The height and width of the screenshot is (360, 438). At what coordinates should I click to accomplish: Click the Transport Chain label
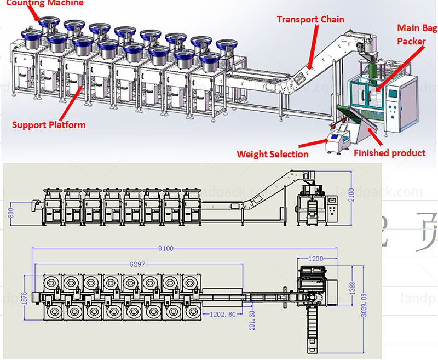[310, 20]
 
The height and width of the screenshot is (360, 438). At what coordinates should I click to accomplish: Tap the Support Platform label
[49, 125]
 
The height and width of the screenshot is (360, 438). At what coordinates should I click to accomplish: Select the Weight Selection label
[273, 154]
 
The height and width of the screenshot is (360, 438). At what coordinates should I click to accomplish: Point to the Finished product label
[389, 153]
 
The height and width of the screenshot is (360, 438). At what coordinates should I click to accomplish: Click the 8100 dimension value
[165, 248]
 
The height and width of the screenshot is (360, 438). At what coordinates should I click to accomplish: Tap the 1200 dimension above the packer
[316, 258]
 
